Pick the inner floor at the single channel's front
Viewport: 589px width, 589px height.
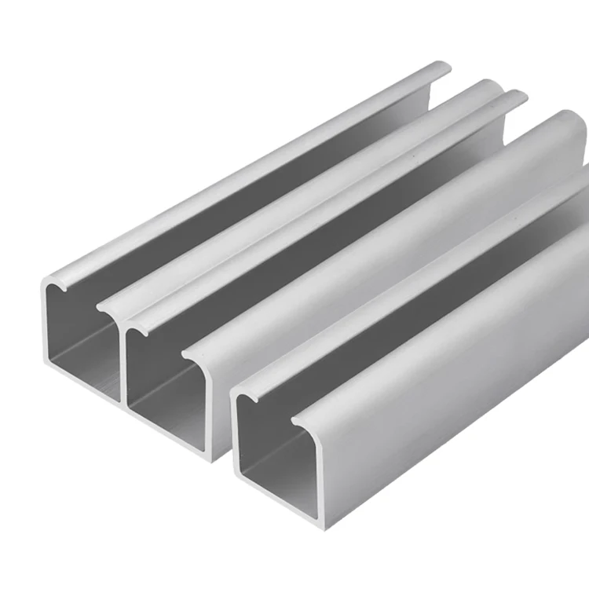(x=275, y=479)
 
